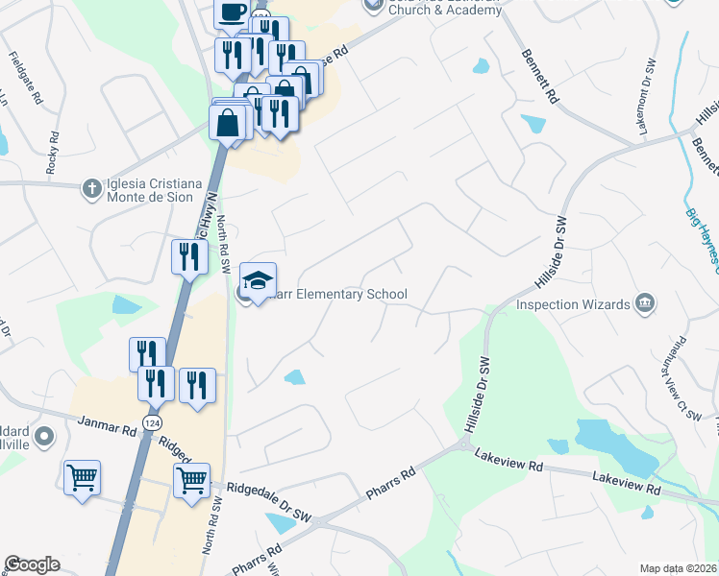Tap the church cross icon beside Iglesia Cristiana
tap(90, 186)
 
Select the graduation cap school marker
tap(258, 280)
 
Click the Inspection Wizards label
tap(573, 304)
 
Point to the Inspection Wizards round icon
tap(645, 304)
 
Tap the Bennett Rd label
tap(540, 77)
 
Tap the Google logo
tap(32, 564)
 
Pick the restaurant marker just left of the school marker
tap(189, 256)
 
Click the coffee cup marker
tap(231, 12)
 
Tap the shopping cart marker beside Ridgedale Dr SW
tap(191, 479)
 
